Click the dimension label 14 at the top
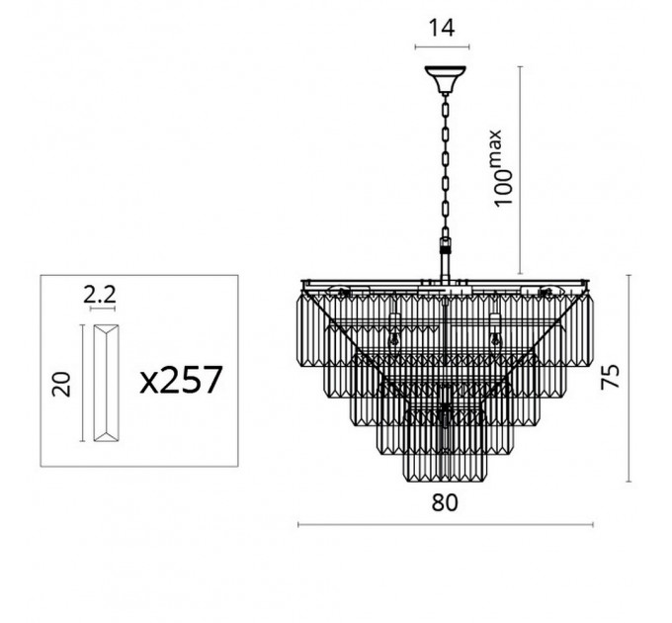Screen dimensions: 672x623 click(442, 28)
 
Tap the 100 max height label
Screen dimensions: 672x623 click(503, 168)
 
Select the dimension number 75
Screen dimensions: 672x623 click(611, 377)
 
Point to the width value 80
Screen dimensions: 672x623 click(445, 502)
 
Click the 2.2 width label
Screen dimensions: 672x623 click(100, 295)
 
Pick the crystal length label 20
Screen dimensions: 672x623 click(61, 384)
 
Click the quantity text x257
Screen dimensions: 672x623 click(181, 380)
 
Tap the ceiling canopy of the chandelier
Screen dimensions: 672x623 click(446, 79)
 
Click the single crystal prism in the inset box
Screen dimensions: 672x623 click(107, 383)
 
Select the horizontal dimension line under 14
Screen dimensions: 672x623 click(442, 46)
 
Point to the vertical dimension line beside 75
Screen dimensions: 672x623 click(629, 378)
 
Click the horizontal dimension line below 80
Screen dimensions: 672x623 click(446, 524)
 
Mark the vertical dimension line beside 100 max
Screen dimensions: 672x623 click(520, 170)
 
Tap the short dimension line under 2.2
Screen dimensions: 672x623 click(103, 309)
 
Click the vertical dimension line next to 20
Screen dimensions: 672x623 click(82, 383)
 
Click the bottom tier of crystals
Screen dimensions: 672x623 click(446, 467)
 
